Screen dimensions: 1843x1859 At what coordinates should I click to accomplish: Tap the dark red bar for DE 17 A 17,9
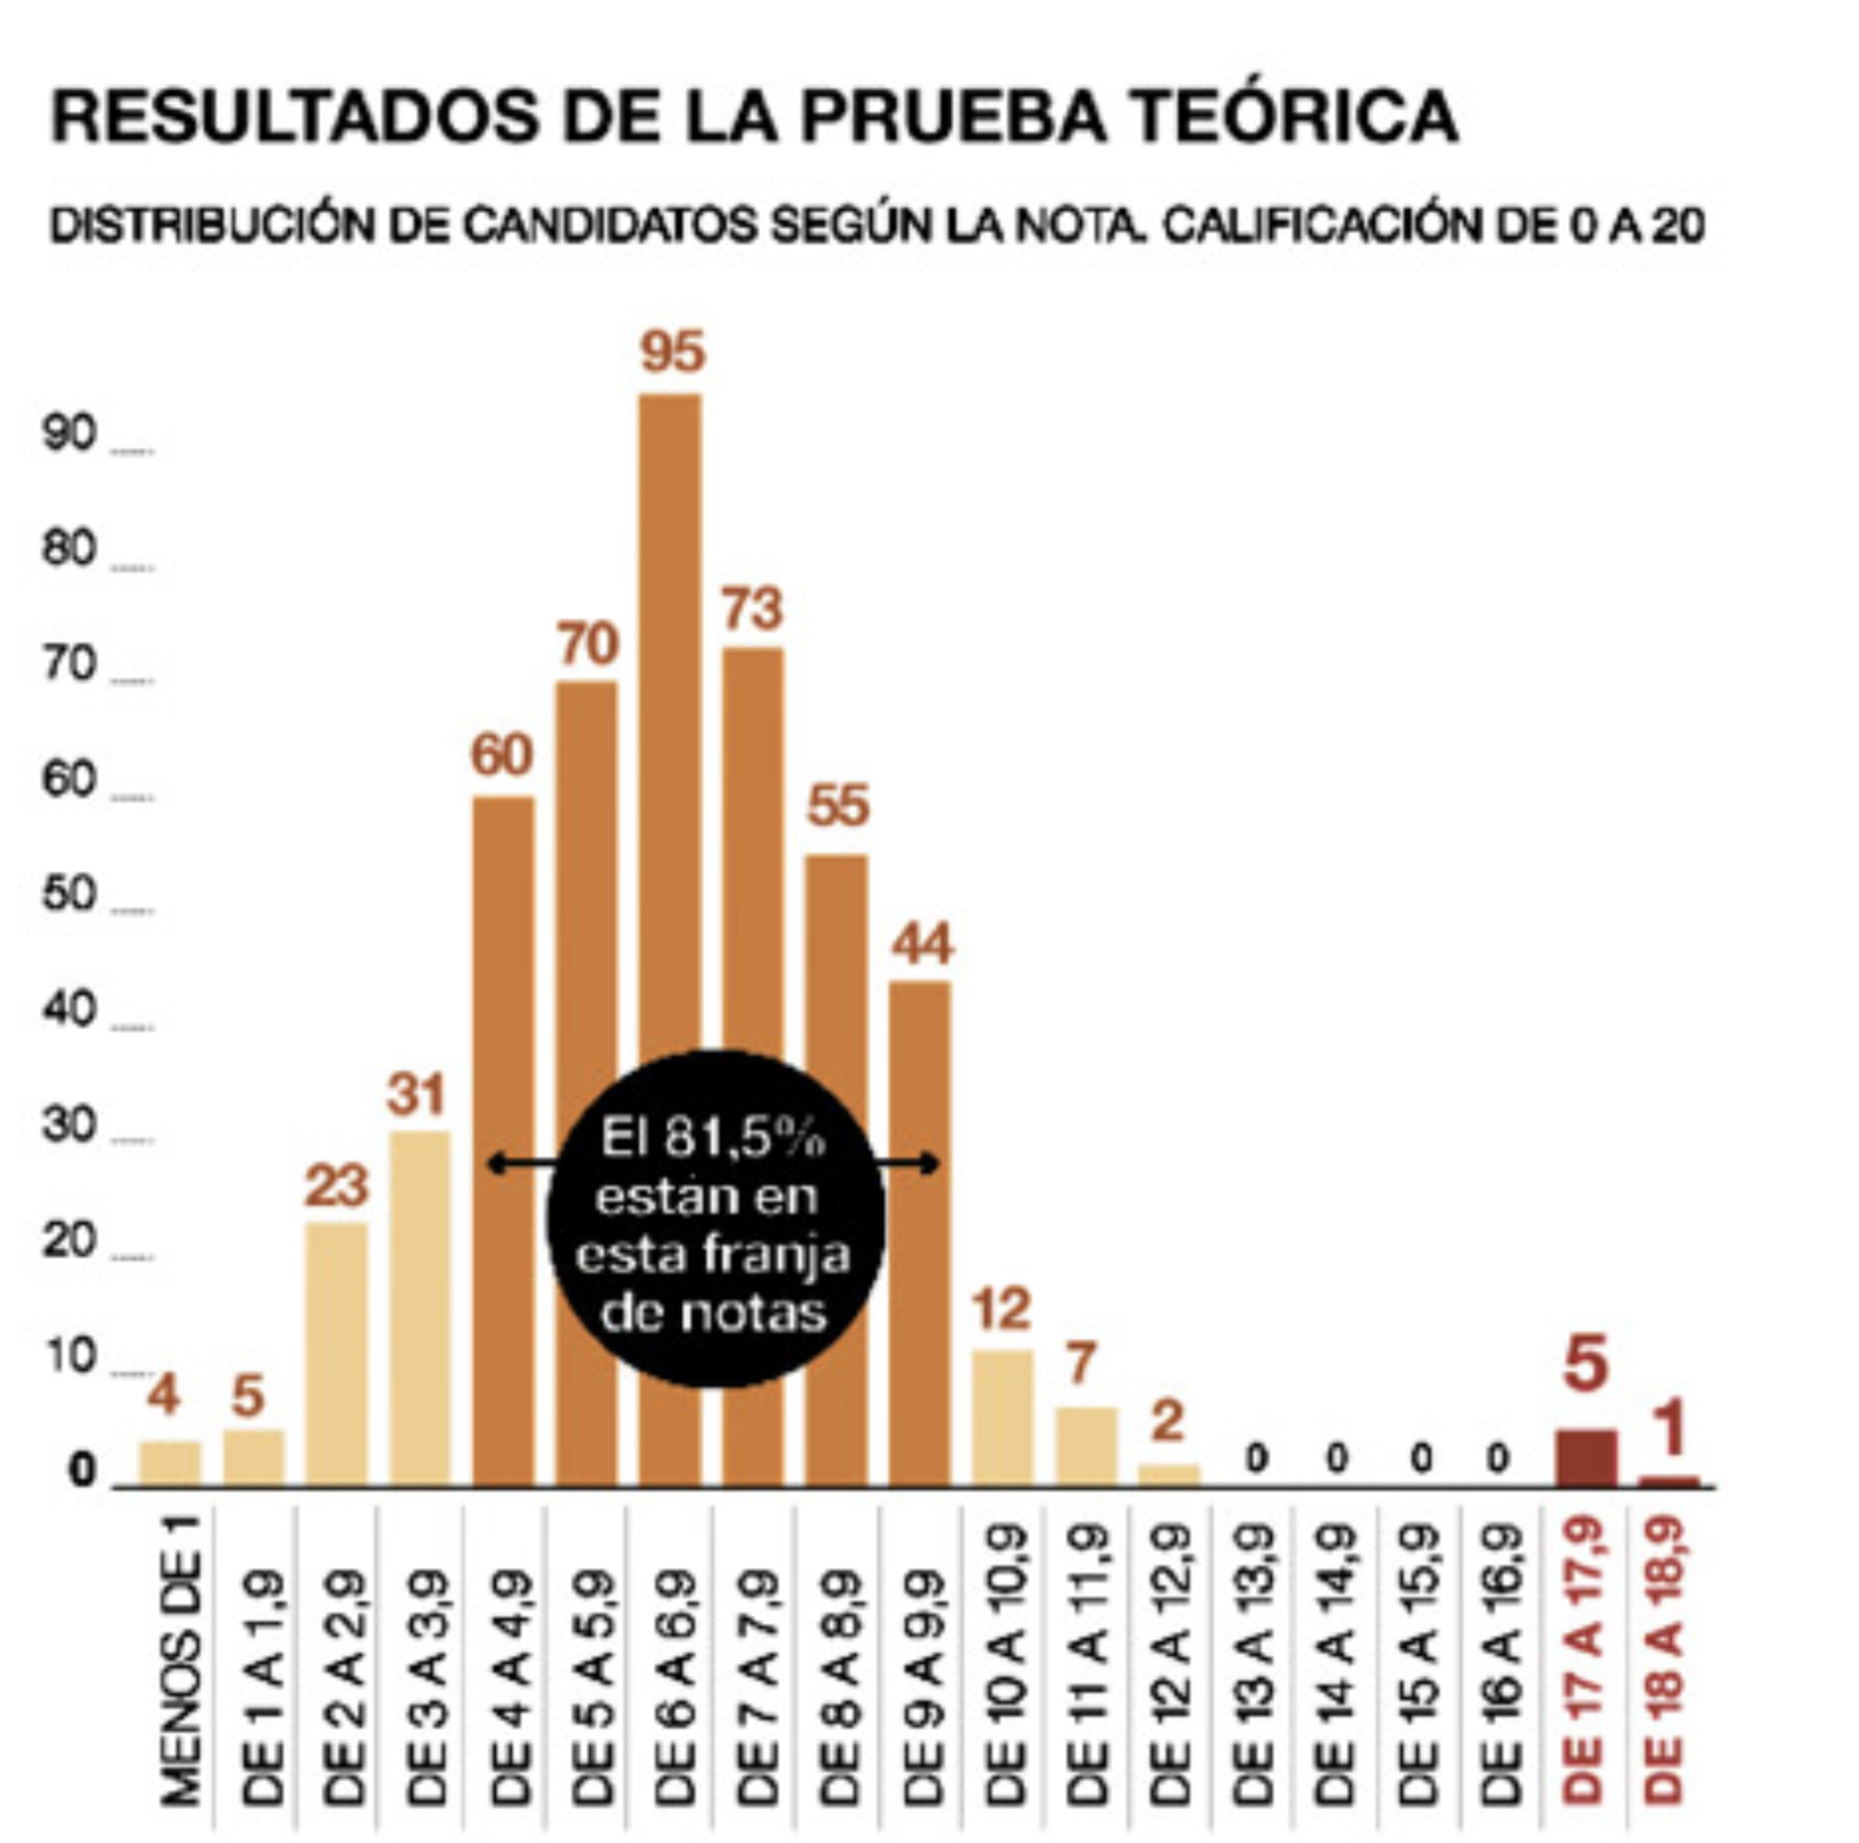click(x=1587, y=1458)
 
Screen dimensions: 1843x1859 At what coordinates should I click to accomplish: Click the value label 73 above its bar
click(x=752, y=609)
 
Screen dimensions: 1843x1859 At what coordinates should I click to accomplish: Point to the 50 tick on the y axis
click(x=68, y=896)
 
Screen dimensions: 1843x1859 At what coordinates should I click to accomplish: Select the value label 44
click(x=922, y=944)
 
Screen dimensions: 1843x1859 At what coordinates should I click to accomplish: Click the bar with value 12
click(x=1003, y=1417)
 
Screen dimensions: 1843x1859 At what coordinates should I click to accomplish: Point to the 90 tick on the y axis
click(x=68, y=435)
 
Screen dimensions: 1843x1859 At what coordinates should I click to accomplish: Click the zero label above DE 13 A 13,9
click(x=1256, y=1458)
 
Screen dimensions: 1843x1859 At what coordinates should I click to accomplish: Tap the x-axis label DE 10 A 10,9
click(x=1006, y=1663)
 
